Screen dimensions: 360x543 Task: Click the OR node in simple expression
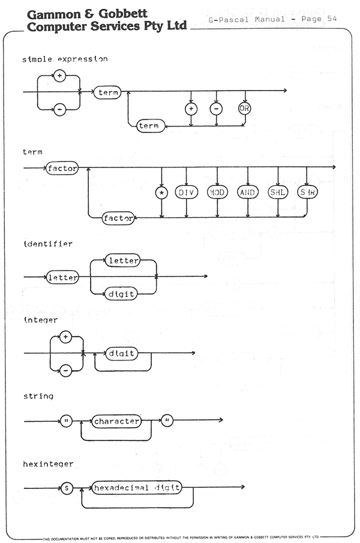(x=244, y=109)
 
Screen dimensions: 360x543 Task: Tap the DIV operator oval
(x=186, y=192)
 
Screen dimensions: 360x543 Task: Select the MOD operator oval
(x=217, y=192)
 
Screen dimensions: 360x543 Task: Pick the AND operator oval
(x=248, y=192)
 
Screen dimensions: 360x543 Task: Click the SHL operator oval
(x=278, y=192)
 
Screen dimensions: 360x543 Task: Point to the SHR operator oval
(x=307, y=192)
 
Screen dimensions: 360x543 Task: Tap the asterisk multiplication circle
(x=161, y=193)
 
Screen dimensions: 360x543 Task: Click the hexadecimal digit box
(x=137, y=488)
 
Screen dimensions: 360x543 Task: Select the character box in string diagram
(x=116, y=421)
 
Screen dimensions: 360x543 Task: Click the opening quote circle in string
(x=67, y=421)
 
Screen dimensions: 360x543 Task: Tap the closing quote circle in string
(x=167, y=421)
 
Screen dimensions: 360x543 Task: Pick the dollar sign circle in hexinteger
(x=67, y=488)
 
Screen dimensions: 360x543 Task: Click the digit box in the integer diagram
(x=121, y=353)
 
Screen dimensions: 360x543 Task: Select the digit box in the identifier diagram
(x=121, y=295)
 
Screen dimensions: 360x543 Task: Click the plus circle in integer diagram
(x=66, y=337)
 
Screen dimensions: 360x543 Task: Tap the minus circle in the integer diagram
(x=66, y=371)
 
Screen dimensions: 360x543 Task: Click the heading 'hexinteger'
(x=48, y=464)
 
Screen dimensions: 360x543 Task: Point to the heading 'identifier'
(x=48, y=244)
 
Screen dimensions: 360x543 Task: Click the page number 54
(x=332, y=19)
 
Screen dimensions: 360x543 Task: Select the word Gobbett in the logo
(x=123, y=14)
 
